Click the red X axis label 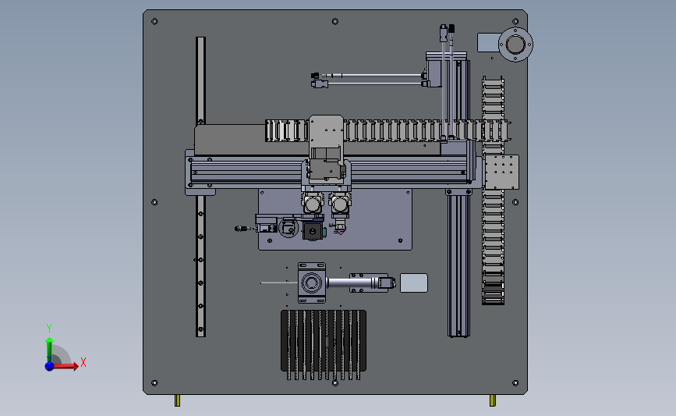[83, 362]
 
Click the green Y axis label [49, 329]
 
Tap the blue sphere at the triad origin [50, 366]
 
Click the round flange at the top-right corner [515, 44]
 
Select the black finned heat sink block [324, 344]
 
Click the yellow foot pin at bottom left [177, 400]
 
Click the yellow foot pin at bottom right [492, 400]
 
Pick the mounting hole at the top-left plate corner [155, 22]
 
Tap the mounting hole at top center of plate [335, 22]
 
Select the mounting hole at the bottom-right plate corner [515, 382]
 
